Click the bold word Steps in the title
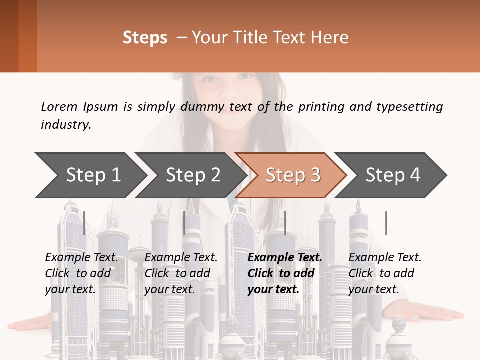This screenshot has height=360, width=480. [x=145, y=38]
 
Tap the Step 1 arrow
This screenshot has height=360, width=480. [x=91, y=175]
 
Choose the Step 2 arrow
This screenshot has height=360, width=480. [x=191, y=175]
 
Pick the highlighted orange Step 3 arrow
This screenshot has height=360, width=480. [x=291, y=175]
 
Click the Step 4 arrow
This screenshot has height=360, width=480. [x=391, y=175]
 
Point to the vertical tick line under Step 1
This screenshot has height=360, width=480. [x=84, y=223]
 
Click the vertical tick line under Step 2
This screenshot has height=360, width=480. [x=184, y=223]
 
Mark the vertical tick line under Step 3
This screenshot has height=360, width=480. [x=285, y=223]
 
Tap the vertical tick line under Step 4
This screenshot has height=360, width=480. [x=386, y=223]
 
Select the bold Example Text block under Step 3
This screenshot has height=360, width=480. [x=285, y=273]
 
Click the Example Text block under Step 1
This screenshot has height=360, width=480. [x=81, y=273]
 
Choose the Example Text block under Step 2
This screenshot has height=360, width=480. [x=181, y=273]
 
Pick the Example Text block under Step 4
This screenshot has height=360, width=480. [x=385, y=273]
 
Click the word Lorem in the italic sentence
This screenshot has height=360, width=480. [x=59, y=107]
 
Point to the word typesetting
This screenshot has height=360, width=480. [x=410, y=107]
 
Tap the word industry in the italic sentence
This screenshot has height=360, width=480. [x=66, y=125]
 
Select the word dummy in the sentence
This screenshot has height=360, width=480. [x=202, y=107]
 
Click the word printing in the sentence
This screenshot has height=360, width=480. [x=321, y=107]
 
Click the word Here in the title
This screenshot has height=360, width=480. [x=329, y=37]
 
